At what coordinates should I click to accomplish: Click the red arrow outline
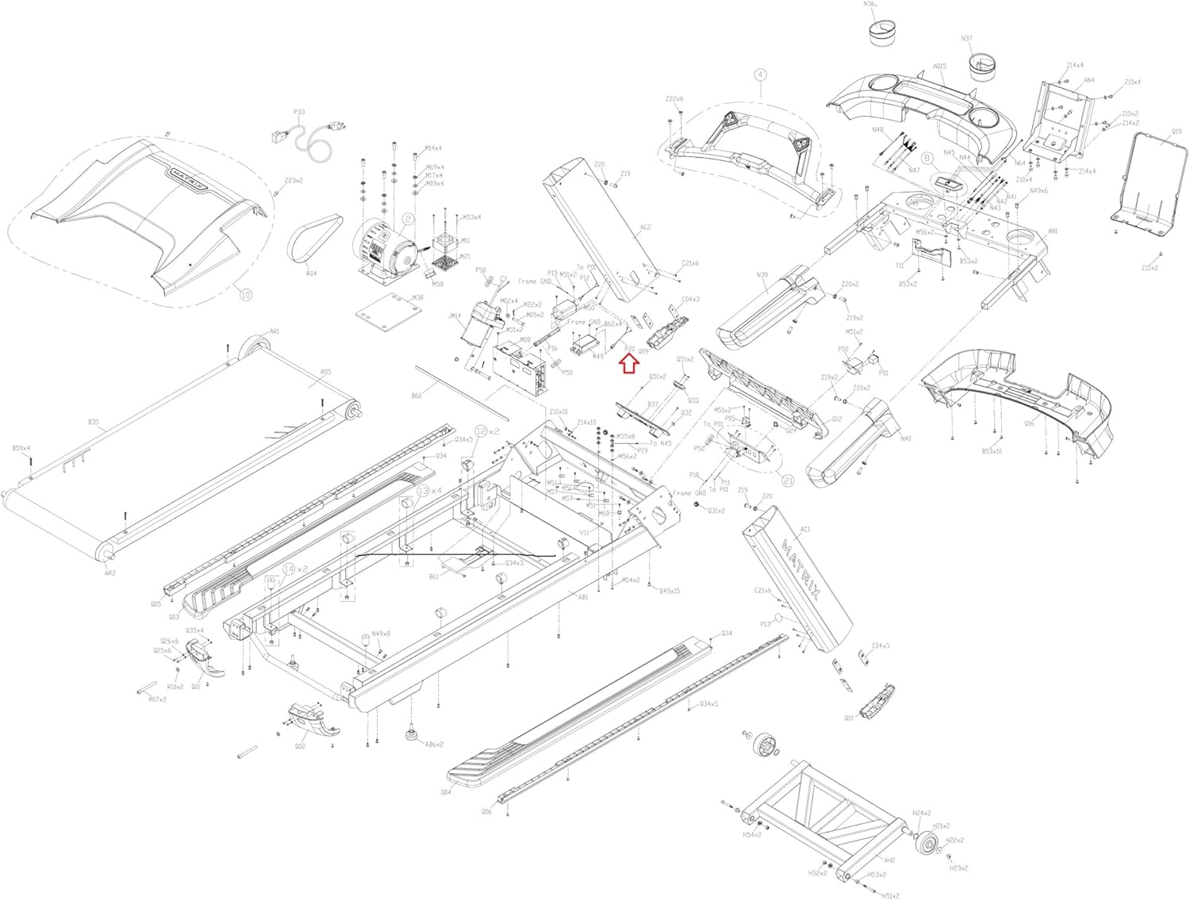click(x=629, y=363)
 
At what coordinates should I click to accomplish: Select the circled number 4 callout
click(x=760, y=75)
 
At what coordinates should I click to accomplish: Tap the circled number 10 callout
click(x=246, y=295)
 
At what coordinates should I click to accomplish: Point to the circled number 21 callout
click(x=788, y=481)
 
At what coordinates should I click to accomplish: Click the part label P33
click(x=299, y=113)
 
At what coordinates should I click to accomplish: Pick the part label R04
click(x=312, y=274)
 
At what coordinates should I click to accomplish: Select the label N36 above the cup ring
click(x=869, y=5)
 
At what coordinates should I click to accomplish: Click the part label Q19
click(x=1176, y=132)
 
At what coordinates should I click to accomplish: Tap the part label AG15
click(x=939, y=67)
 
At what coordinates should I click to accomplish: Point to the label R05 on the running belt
click(x=326, y=372)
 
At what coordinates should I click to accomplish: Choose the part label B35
click(x=94, y=423)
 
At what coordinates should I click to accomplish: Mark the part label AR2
click(x=110, y=573)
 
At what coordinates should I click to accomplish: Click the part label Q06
click(x=486, y=811)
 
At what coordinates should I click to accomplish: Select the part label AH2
click(x=889, y=860)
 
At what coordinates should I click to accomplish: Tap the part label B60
click(x=416, y=396)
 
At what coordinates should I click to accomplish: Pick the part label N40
click(x=906, y=439)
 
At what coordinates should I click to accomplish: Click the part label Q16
click(x=1029, y=423)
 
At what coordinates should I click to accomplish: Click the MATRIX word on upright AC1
click(x=802, y=570)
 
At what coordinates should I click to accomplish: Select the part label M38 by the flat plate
click(x=417, y=298)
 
